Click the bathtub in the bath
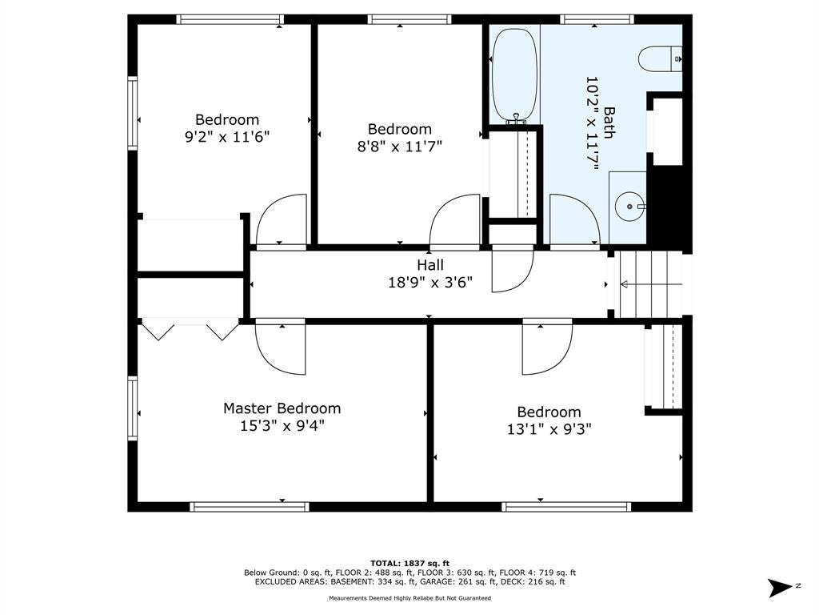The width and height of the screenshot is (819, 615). (x=513, y=76)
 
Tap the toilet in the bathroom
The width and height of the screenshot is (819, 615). (x=660, y=58)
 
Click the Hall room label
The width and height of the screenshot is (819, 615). (x=429, y=265)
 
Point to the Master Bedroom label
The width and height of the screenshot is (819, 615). (x=282, y=408)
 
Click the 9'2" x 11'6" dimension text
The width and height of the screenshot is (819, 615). (x=227, y=137)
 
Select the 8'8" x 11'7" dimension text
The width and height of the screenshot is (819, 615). (x=400, y=146)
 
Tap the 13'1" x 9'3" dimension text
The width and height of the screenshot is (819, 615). (x=549, y=429)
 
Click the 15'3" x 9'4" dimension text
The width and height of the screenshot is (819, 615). (x=282, y=426)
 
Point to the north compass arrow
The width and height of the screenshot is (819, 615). (x=781, y=587)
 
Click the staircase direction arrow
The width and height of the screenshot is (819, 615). (x=651, y=284)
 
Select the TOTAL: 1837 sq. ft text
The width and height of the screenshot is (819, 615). (x=409, y=563)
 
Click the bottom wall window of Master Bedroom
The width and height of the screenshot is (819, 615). (x=250, y=507)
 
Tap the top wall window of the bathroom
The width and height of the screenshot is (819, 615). (x=597, y=19)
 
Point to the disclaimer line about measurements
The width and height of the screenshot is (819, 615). (x=409, y=597)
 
